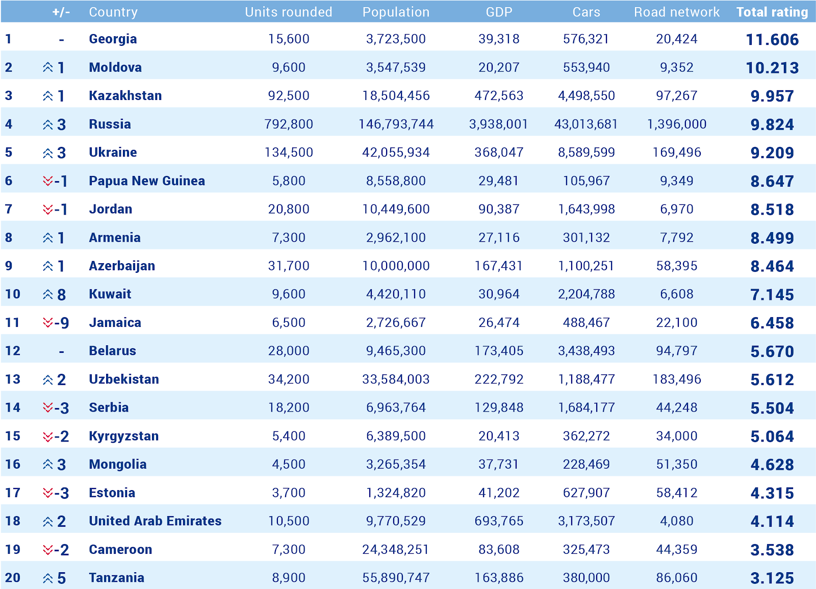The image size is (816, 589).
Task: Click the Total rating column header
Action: pyautogui.click(x=772, y=12)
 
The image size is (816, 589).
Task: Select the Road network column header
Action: pyautogui.click(x=676, y=12)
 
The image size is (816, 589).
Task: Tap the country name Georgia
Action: pyautogui.click(x=113, y=39)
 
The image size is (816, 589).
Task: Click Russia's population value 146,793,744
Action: pyautogui.click(x=396, y=124)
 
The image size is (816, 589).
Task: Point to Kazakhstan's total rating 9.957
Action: pyautogui.click(x=772, y=96)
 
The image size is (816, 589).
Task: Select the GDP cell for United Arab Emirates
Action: pyautogui.click(x=498, y=521)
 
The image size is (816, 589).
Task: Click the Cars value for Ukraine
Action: pyautogui.click(x=586, y=152)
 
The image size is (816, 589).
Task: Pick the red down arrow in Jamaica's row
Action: pyautogui.click(x=48, y=323)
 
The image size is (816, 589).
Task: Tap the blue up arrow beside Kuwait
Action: pyautogui.click(x=48, y=294)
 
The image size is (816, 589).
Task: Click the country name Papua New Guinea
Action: pyautogui.click(x=147, y=181)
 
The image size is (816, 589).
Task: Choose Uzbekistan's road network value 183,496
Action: pyautogui.click(x=676, y=379)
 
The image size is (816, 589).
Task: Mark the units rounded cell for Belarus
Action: pyautogui.click(x=289, y=351)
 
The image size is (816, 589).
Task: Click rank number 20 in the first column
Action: pyautogui.click(x=13, y=578)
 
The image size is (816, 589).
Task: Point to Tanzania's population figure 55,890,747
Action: pyautogui.click(x=396, y=578)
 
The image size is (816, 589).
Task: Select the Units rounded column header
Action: pyautogui.click(x=288, y=12)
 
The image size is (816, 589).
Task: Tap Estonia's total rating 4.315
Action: pyautogui.click(x=772, y=493)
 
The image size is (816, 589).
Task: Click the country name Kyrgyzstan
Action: pyautogui.click(x=123, y=436)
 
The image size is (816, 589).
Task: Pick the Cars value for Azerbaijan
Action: pyautogui.click(x=586, y=266)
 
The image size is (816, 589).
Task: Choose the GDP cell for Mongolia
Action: pyautogui.click(x=498, y=465)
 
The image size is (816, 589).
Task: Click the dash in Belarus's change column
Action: pyautogui.click(x=61, y=351)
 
